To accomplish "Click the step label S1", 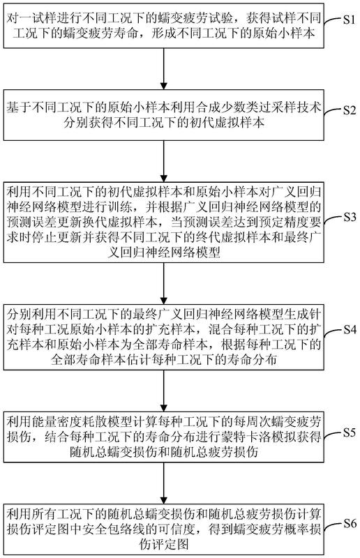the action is [349, 20].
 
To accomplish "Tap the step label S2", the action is [350, 110].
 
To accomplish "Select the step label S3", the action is [350, 217].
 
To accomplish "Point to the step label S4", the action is [350, 330].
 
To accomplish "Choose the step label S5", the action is [350, 432].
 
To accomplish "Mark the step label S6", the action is [350, 524].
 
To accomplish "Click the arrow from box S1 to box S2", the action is [164, 68].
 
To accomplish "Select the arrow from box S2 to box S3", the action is [164, 161].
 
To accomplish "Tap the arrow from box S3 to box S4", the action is [164, 283].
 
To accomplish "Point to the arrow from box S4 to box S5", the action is [164, 391].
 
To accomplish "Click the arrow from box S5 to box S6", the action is [164, 483].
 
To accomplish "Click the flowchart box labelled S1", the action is [164, 26].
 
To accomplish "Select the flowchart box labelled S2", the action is [164, 115].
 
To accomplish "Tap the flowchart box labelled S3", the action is [164, 223].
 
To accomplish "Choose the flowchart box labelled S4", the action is [164, 337].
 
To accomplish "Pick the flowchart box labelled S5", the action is [164, 437].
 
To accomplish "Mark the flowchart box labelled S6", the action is [164, 529].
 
